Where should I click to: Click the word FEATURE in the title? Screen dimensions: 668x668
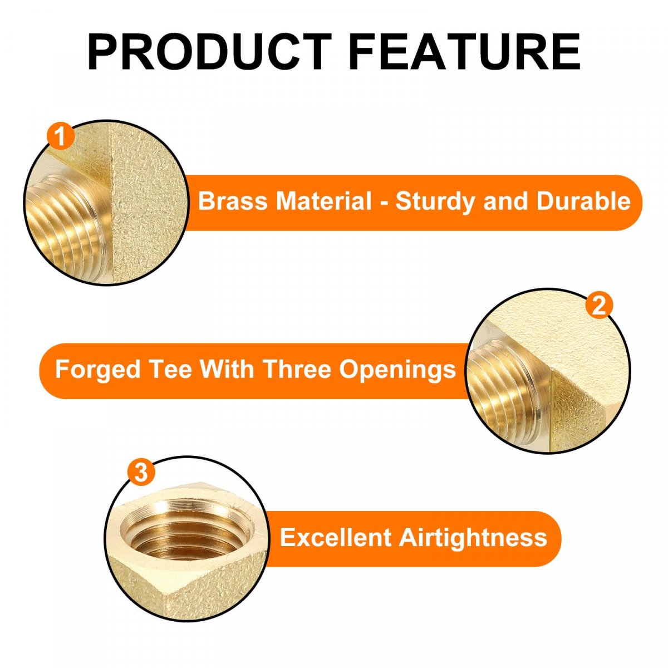tap(464, 52)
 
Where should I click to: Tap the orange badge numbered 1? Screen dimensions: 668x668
tap(61, 136)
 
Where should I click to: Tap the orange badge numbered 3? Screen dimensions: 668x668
tap(141, 472)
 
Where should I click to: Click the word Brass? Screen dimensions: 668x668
tap(233, 201)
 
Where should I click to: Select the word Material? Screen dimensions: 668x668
tap(324, 201)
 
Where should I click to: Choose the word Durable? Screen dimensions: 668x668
tap(583, 201)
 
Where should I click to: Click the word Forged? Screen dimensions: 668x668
tap(98, 370)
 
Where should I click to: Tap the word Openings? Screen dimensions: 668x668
tap(397, 370)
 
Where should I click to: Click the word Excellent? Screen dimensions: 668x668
tap(336, 537)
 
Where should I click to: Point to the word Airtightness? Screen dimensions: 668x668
tap(473, 538)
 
